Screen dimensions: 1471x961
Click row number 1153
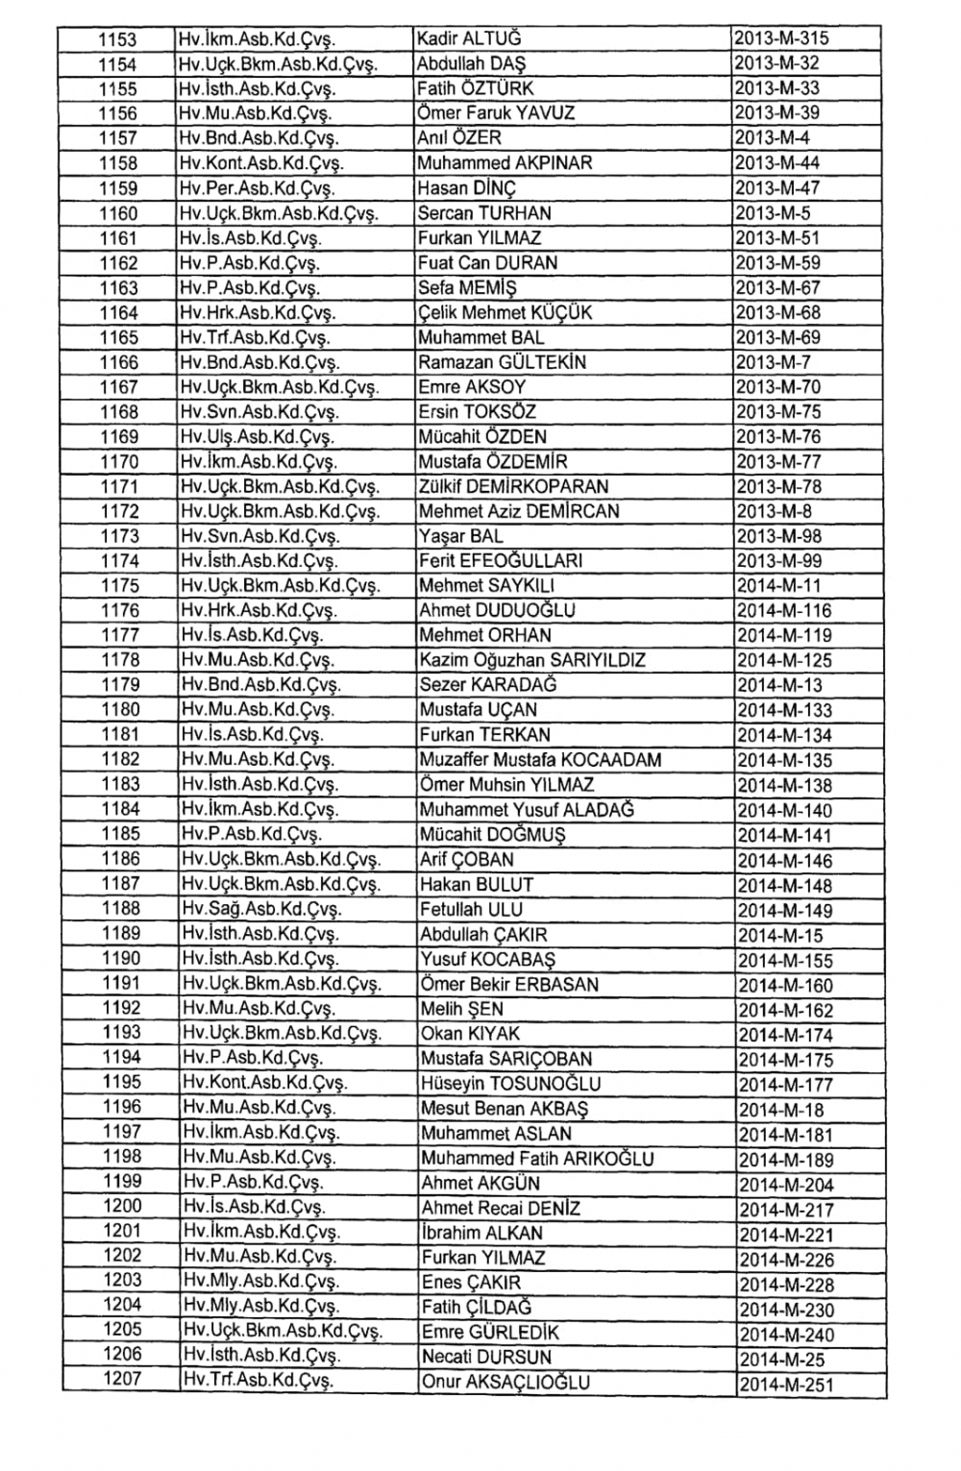pos(118,39)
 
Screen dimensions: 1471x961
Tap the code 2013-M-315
pos(781,38)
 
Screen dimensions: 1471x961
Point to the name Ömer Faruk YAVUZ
pos(496,113)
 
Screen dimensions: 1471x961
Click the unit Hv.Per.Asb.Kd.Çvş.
pos(258,188)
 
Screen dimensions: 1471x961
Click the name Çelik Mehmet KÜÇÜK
pos(505,313)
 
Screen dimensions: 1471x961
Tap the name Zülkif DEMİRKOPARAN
pos(513,486)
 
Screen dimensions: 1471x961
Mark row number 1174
pos(120,561)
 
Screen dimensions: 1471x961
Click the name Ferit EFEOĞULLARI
pos(501,561)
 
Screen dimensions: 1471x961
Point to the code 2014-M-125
pos(784,661)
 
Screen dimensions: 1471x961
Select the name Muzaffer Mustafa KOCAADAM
pos(540,760)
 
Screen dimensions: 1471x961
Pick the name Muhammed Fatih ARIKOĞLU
pos(537,1159)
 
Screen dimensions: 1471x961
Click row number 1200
pos(122,1207)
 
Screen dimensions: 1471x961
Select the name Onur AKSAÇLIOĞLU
pos(505,1383)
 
